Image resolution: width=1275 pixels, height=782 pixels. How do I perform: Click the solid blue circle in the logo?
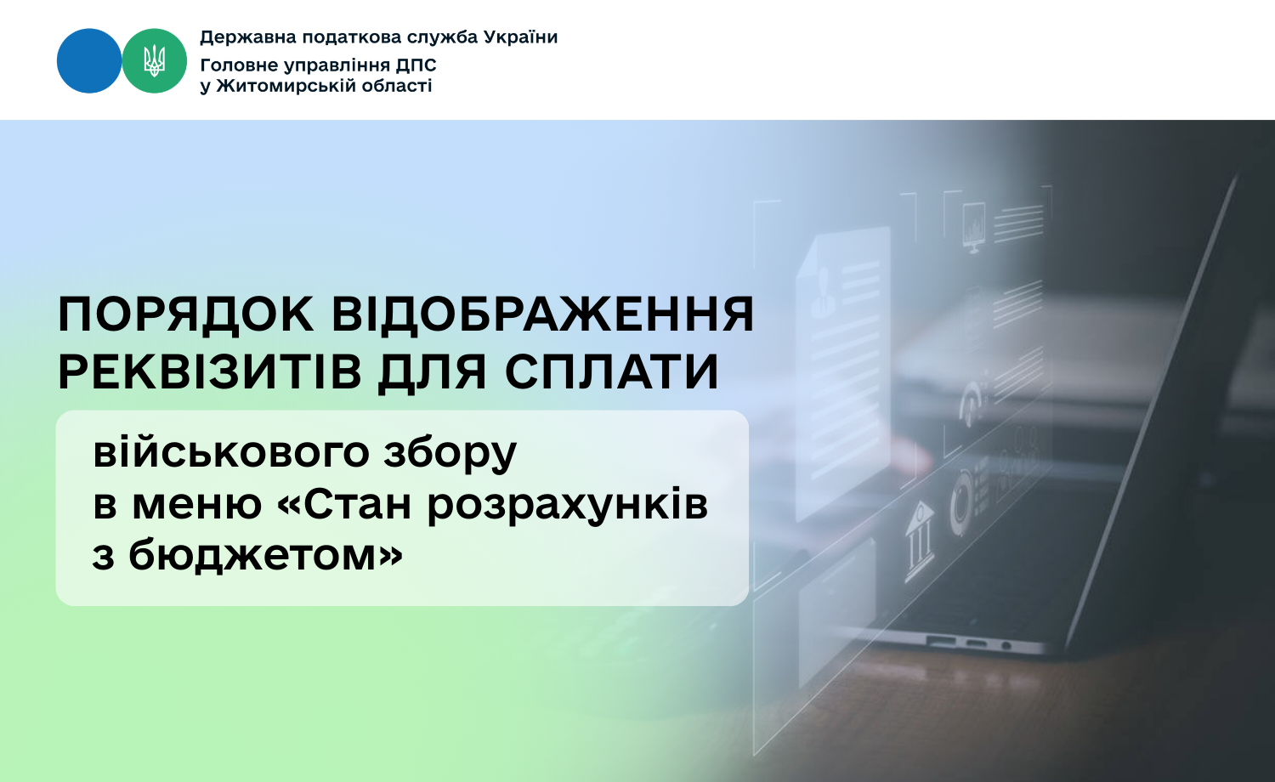(x=89, y=61)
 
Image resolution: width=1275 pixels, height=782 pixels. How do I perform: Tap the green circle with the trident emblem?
(x=154, y=61)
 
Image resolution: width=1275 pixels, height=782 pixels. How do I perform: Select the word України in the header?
(x=520, y=37)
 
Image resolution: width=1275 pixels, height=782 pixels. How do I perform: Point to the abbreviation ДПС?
(x=416, y=65)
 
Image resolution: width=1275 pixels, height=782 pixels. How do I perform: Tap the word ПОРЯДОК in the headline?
(x=185, y=314)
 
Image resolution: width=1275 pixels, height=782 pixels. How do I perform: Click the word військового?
(x=231, y=453)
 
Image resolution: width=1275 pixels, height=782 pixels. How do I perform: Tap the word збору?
(x=450, y=454)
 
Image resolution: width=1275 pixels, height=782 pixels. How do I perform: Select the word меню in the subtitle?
(x=197, y=506)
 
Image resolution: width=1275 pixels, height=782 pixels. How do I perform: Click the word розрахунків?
(x=568, y=506)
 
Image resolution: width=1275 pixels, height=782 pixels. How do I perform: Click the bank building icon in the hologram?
(x=919, y=541)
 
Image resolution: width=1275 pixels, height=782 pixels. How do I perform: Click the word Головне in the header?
(x=238, y=65)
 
